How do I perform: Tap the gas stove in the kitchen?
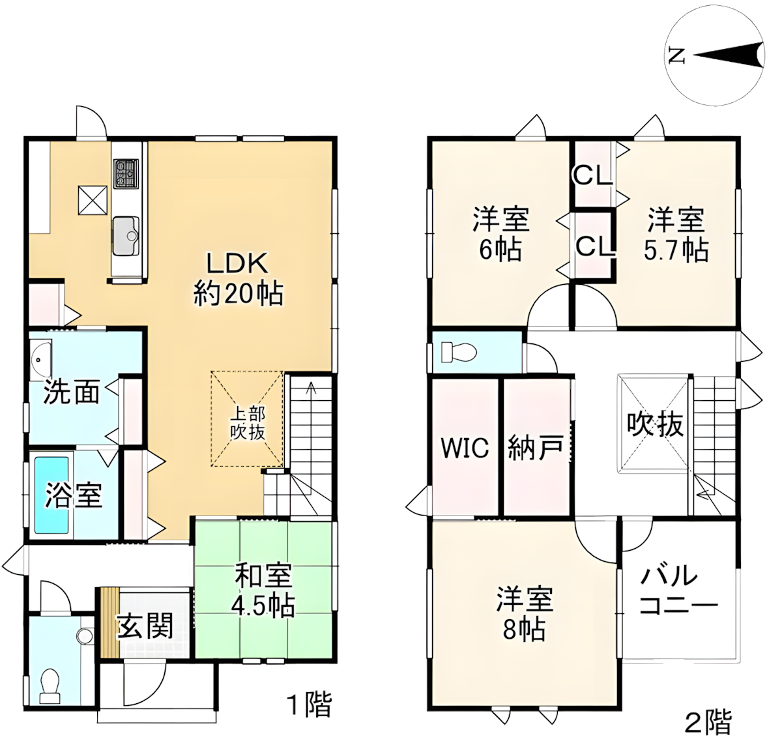click(x=126, y=173)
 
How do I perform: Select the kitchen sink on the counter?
click(x=125, y=235)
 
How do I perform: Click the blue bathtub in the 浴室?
click(x=51, y=495)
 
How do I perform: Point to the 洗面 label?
click(x=72, y=393)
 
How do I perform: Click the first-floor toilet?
click(x=49, y=685)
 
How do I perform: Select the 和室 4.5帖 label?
click(x=264, y=591)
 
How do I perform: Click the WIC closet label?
click(x=465, y=448)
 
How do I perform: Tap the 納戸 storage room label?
click(x=534, y=448)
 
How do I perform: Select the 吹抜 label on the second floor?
click(x=656, y=425)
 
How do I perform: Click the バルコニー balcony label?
click(x=678, y=591)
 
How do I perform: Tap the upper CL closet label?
click(x=592, y=174)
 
